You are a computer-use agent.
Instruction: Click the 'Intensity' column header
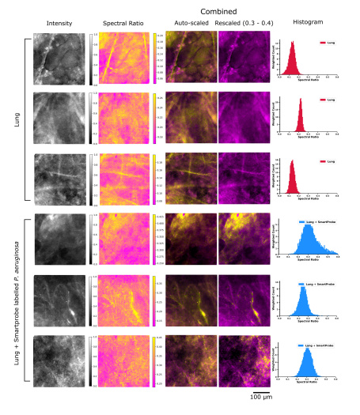coord(60,25)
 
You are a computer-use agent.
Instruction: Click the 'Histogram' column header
coord(306,25)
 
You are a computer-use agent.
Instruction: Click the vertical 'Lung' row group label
coord(17,119)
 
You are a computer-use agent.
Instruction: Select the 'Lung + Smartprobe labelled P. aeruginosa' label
coord(17,300)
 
